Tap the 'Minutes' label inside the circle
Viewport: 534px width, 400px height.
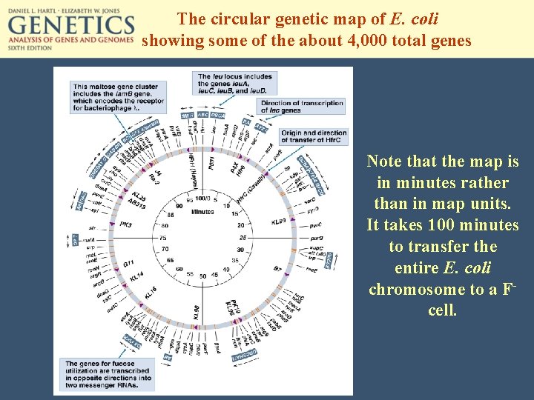203,211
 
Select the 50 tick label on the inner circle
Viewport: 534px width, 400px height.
202,276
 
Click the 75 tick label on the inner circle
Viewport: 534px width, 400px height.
165,238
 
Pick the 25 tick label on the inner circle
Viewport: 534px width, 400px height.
242,238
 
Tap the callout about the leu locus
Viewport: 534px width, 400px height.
234,84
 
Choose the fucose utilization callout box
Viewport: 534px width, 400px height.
108,374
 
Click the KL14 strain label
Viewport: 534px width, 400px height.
136,276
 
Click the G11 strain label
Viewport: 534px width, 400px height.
128,263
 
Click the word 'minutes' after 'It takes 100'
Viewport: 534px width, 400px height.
489,224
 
